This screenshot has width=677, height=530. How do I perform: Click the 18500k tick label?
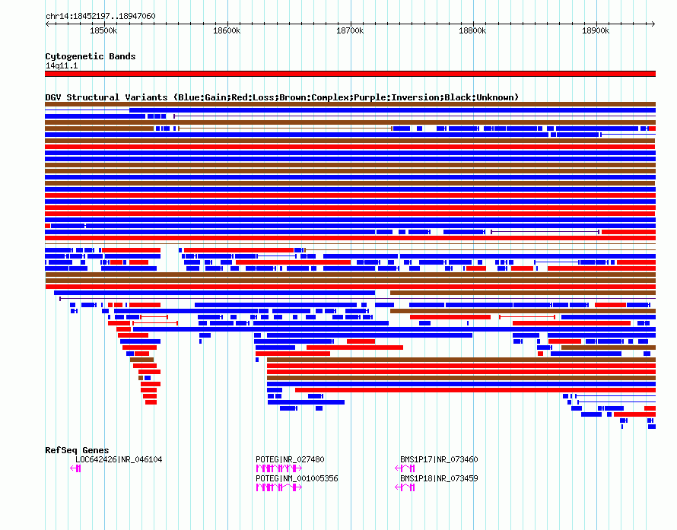tap(103, 30)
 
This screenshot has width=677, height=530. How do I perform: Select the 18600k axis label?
tap(227, 30)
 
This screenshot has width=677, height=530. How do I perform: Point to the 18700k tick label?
tap(350, 30)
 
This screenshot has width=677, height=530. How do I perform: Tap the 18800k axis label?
tap(472, 30)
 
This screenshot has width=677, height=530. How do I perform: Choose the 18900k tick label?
tap(596, 30)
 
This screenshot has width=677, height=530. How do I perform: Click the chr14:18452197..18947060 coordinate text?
tap(100, 16)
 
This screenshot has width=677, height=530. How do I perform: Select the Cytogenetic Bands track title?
tap(91, 56)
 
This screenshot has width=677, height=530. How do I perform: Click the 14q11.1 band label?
tap(62, 65)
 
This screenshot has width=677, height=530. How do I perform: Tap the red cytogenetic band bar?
tap(350, 74)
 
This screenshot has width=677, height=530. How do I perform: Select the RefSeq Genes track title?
tap(77, 450)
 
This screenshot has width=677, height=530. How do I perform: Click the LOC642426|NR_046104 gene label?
tap(119, 459)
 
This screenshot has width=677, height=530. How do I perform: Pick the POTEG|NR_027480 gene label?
tap(290, 459)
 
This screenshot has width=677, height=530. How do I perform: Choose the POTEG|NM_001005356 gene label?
tap(297, 478)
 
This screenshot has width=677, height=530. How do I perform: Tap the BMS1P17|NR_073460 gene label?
tap(439, 459)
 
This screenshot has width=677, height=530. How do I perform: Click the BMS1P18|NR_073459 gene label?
tap(439, 478)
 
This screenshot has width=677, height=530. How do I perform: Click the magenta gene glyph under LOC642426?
tap(75, 468)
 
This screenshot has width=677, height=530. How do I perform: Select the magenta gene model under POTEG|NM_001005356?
tap(279, 487)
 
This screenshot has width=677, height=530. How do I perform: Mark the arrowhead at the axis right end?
tap(653, 24)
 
